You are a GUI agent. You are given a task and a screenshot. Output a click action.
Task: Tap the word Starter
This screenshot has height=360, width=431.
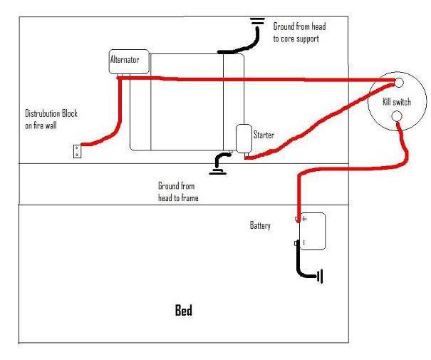(x=264, y=135)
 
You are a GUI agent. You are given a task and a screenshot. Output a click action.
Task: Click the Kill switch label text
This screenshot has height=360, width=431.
(x=397, y=102)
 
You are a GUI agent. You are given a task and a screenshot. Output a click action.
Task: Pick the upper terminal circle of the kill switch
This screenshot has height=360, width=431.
(x=399, y=83)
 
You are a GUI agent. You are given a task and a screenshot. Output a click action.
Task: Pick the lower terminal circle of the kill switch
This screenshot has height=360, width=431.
(x=397, y=116)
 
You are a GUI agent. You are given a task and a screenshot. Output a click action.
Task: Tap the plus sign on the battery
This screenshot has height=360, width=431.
(x=304, y=219)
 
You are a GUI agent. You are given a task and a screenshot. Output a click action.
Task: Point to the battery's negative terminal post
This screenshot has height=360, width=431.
(x=296, y=243)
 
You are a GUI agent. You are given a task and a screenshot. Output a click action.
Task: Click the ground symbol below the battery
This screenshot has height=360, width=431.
(x=320, y=276)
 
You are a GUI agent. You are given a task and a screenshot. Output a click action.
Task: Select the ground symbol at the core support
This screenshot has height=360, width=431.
(x=258, y=21)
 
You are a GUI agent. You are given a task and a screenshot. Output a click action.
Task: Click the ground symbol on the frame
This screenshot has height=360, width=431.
(x=218, y=172)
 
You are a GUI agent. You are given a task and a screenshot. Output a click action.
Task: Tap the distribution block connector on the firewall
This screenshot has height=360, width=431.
(x=77, y=151)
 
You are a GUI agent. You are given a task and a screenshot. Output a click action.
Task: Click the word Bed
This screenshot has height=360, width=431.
(x=184, y=310)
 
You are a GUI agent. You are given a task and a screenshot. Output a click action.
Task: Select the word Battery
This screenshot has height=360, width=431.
(x=260, y=225)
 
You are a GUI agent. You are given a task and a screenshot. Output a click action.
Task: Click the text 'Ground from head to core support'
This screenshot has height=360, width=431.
(x=299, y=33)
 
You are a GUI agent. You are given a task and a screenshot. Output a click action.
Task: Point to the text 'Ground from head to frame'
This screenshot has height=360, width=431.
(x=178, y=192)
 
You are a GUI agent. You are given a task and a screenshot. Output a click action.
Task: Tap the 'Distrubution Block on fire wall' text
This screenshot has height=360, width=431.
(x=51, y=119)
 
